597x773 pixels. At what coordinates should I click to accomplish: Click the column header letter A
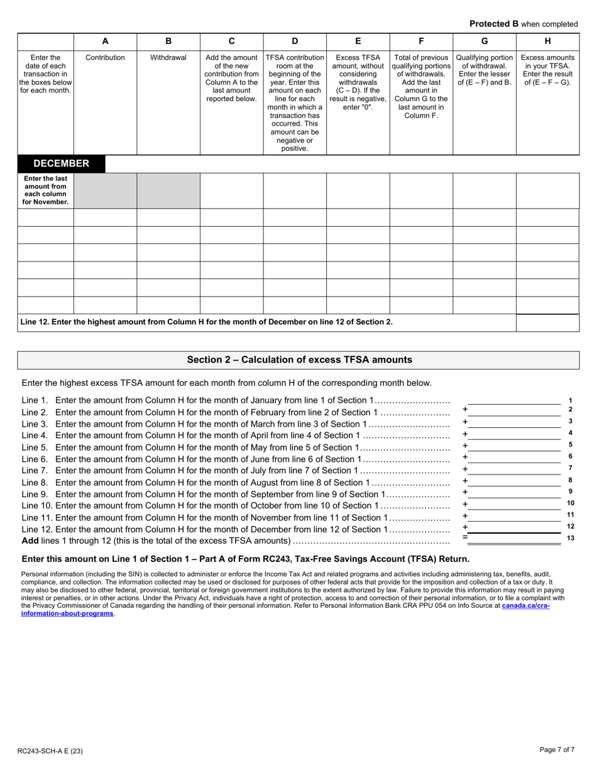[105, 41]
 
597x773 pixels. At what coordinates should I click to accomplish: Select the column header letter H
[547, 41]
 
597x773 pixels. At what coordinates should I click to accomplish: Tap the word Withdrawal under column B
[168, 57]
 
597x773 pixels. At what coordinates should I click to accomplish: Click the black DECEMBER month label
[61, 163]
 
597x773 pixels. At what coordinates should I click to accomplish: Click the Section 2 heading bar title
[299, 359]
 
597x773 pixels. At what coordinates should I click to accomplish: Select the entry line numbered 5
[514, 445]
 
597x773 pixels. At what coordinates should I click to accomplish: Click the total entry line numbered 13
[514, 539]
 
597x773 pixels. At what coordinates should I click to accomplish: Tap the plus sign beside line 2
[465, 410]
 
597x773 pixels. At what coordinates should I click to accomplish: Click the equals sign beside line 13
[465, 538]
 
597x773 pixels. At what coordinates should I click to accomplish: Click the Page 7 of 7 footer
[557, 749]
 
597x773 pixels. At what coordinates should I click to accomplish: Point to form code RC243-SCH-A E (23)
[50, 750]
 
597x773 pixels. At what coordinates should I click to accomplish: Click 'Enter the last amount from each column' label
[45, 190]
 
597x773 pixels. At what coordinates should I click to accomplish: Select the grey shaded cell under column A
[105, 190]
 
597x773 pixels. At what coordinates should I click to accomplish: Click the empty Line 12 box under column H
[547, 322]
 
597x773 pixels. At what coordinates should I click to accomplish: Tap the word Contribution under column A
[105, 57]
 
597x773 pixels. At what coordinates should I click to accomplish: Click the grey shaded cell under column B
[168, 190]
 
